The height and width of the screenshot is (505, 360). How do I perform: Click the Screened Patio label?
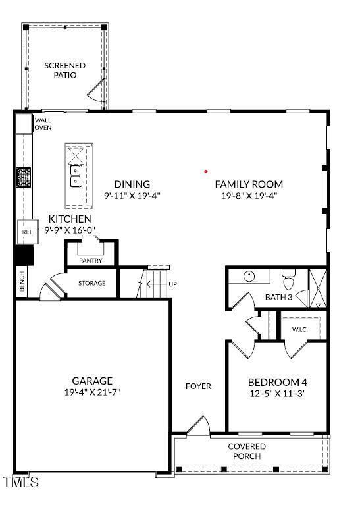click(x=64, y=70)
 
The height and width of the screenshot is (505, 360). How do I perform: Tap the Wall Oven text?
click(x=43, y=124)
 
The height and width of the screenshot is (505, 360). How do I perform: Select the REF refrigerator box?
click(x=27, y=232)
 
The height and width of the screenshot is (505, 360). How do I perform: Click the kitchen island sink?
click(x=76, y=176)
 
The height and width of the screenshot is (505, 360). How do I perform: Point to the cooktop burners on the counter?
click(x=24, y=176)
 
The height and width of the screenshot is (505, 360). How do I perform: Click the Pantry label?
click(x=90, y=261)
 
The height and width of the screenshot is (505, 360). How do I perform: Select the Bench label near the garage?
click(x=22, y=282)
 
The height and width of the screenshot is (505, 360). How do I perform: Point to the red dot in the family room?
click(x=206, y=171)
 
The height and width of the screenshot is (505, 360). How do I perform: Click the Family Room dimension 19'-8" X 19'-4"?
click(x=249, y=196)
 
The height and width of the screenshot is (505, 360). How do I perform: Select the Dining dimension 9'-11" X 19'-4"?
click(x=132, y=196)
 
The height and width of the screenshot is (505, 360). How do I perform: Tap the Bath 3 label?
click(x=278, y=297)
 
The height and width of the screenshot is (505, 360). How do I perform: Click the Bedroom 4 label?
click(x=277, y=382)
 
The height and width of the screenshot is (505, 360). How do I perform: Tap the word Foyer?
click(x=198, y=386)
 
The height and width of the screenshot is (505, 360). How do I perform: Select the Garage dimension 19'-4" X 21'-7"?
click(x=92, y=392)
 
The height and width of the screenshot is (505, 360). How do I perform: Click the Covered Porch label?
click(x=247, y=451)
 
